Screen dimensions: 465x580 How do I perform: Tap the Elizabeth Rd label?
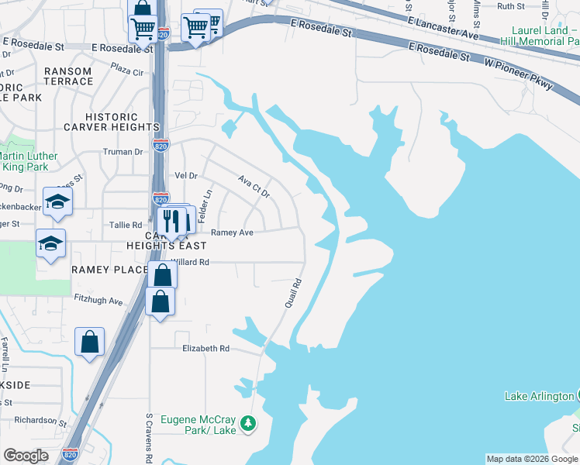pos(205,349)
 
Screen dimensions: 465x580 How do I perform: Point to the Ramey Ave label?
pos(232,232)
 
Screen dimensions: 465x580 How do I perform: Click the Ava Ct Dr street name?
pos(254,185)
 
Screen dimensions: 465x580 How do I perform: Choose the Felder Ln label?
pos(206,207)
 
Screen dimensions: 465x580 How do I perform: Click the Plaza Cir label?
pos(127,71)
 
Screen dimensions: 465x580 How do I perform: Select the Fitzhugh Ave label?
pos(99,301)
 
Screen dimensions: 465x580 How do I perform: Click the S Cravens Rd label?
pos(148,437)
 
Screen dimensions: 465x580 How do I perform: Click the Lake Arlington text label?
pos(539,396)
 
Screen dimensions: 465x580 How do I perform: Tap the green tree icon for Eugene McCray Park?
pos(248,423)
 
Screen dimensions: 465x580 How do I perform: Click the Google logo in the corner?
pos(26,456)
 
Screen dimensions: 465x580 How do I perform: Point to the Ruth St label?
pos(510,6)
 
